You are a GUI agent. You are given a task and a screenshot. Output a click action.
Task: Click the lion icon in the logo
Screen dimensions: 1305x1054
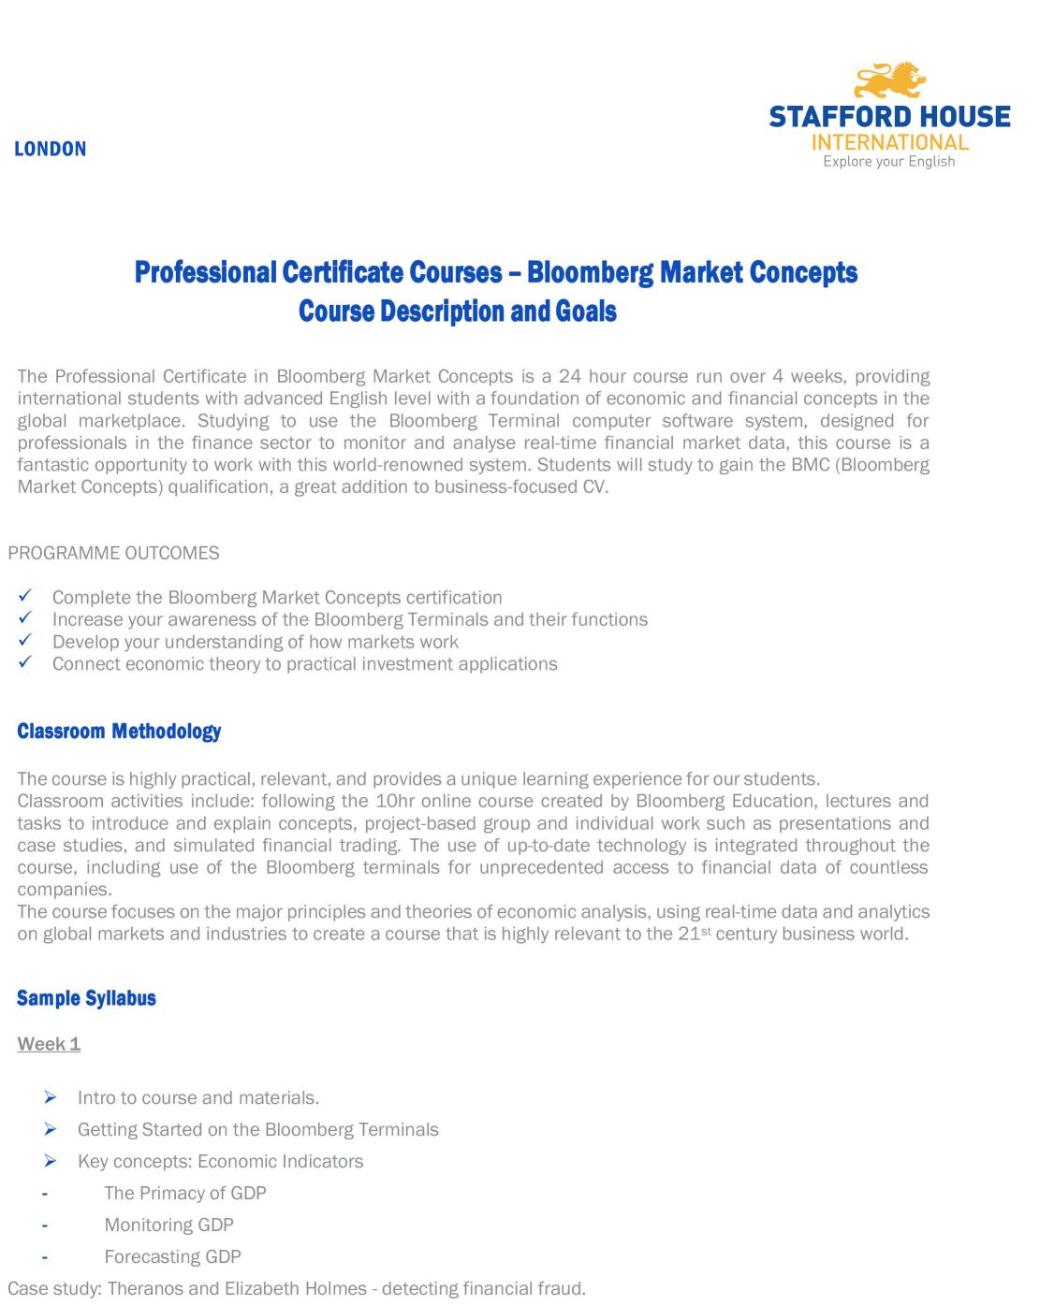point(889,81)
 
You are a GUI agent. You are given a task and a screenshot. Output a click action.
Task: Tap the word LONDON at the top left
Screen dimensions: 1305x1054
point(51,149)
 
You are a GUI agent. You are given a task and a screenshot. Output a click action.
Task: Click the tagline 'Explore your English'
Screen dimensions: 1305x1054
point(888,162)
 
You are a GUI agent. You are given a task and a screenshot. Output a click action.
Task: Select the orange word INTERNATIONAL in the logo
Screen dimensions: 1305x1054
point(889,142)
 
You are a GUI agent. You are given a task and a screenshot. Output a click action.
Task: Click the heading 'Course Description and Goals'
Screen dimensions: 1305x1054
point(457,311)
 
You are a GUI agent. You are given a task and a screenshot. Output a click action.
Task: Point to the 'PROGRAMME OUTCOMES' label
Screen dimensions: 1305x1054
point(113,553)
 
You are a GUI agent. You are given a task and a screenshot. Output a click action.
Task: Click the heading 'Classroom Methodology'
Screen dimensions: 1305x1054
point(119,731)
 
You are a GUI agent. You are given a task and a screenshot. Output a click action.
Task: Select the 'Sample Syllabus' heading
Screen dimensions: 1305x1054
point(86,998)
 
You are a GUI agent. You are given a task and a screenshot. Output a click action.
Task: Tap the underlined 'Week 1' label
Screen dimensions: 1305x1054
point(49,1044)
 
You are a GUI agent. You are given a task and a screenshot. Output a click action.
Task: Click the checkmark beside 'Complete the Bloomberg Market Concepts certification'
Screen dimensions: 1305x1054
point(25,596)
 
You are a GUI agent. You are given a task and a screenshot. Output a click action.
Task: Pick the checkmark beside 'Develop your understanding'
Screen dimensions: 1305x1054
point(25,641)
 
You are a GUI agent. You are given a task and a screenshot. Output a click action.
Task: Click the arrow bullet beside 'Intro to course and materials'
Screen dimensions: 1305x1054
point(51,1097)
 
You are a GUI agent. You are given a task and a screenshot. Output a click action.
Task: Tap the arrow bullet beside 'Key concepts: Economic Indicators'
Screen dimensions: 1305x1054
point(51,1161)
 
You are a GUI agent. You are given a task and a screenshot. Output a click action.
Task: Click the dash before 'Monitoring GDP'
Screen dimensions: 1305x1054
point(44,1225)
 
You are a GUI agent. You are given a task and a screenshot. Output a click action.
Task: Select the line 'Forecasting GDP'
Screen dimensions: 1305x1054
point(172,1256)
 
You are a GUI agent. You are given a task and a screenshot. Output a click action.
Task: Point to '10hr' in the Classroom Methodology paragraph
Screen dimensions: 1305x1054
point(394,801)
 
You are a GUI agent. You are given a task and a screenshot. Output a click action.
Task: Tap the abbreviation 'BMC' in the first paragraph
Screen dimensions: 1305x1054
point(811,465)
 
